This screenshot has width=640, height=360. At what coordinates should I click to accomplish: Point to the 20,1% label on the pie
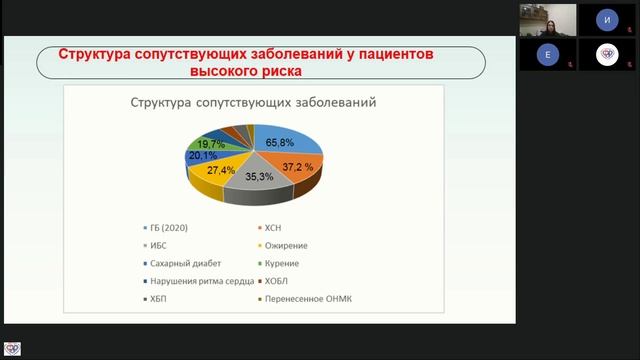(204, 156)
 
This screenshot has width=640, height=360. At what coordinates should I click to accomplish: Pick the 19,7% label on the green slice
(211, 145)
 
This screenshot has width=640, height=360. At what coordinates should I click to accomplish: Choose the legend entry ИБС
(160, 246)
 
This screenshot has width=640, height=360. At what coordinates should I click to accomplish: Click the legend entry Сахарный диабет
(183, 263)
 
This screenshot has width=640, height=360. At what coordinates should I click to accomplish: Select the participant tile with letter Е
(548, 56)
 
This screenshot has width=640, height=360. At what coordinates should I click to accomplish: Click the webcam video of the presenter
(548, 19)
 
